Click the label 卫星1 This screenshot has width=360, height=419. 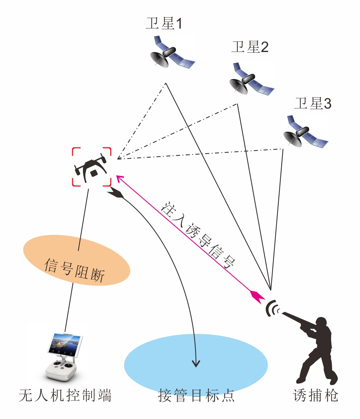point(163,23)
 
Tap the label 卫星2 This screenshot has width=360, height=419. point(250,47)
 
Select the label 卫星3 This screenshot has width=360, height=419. point(313,103)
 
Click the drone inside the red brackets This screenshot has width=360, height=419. point(91,167)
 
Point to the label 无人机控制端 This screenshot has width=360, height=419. point(65,396)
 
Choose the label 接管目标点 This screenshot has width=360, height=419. point(196,396)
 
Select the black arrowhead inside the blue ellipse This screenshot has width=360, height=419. point(196,363)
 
